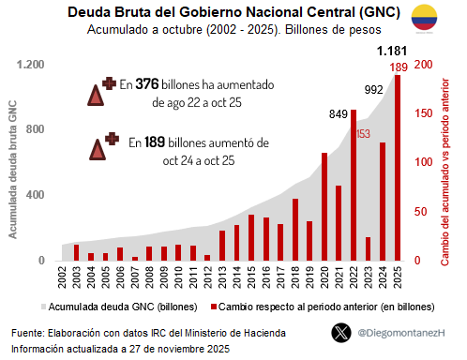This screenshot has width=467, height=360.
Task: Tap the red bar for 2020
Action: [x=324, y=206]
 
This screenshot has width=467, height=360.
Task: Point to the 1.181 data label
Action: [x=393, y=51]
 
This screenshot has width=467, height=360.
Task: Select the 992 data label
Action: [x=373, y=90]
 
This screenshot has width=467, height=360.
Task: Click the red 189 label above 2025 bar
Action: [x=399, y=67]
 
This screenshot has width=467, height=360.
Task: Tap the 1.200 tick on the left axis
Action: [x=29, y=65]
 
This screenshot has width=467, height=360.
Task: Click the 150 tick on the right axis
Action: [x=424, y=113]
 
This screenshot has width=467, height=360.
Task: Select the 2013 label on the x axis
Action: [x=222, y=277]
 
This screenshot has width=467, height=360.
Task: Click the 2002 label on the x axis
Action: [x=62, y=277]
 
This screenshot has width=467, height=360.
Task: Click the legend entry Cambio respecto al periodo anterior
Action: [x=319, y=307]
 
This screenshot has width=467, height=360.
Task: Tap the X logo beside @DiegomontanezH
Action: [x=341, y=332]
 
